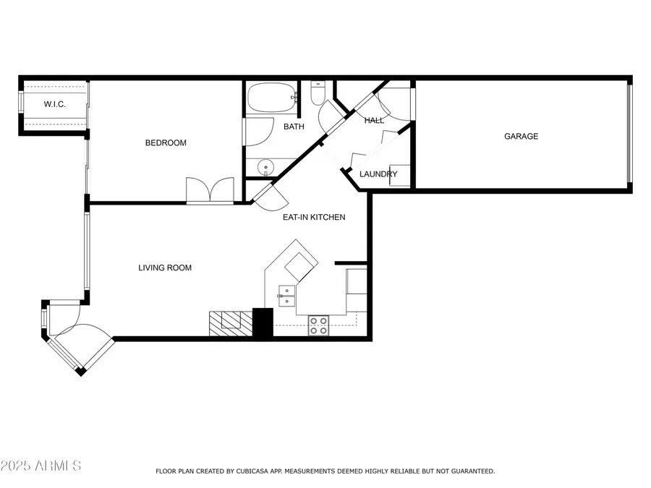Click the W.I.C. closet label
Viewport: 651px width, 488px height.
pyautogui.click(x=54, y=104)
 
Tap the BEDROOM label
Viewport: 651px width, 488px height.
pyautogui.click(x=166, y=142)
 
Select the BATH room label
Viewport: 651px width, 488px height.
pyautogui.click(x=294, y=127)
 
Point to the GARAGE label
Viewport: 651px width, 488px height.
pyautogui.click(x=521, y=136)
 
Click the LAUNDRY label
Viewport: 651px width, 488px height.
pyautogui.click(x=378, y=174)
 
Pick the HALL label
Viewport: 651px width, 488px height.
pyautogui.click(x=374, y=120)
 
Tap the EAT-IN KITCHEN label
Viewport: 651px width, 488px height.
pyautogui.click(x=314, y=217)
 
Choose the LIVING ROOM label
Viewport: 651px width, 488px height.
pyautogui.click(x=165, y=267)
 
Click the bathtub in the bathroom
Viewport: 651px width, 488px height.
pyautogui.click(x=273, y=98)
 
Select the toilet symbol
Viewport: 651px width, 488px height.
pyautogui.click(x=318, y=93)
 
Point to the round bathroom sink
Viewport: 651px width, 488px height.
pyautogui.click(x=265, y=168)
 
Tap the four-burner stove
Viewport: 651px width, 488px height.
pyautogui.click(x=318, y=325)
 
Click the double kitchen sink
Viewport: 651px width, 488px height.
pyautogui.click(x=286, y=296)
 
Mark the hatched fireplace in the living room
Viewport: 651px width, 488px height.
pyautogui.click(x=231, y=324)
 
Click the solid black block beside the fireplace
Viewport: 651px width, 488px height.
pyautogui.click(x=263, y=322)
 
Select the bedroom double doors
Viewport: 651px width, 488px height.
pyautogui.click(x=210, y=191)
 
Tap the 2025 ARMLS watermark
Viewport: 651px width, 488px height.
pyautogui.click(x=41, y=465)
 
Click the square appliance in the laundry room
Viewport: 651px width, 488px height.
pyautogui.click(x=400, y=176)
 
